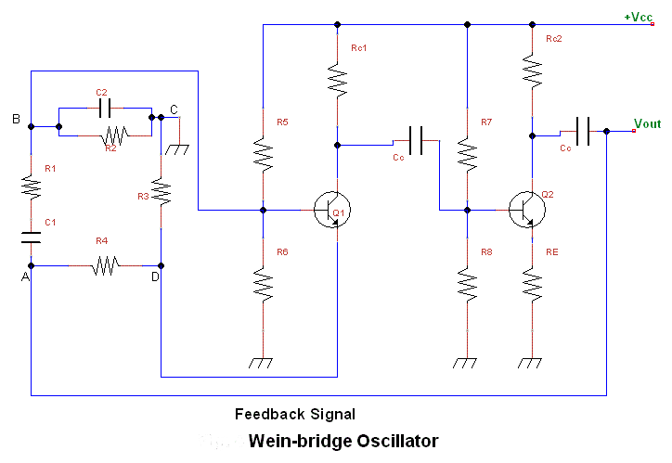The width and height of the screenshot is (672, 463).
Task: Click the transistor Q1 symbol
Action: pyautogui.click(x=332, y=210)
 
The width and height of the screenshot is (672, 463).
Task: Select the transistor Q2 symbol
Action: pyautogui.click(x=527, y=210)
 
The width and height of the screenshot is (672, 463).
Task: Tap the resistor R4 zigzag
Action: pyautogui.click(x=106, y=265)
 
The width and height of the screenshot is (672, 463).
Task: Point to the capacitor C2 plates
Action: pyautogui.click(x=105, y=108)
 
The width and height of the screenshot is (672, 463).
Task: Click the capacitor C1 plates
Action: pyautogui.click(x=31, y=238)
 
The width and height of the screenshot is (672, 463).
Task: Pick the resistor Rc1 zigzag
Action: pyautogui.click(x=337, y=81)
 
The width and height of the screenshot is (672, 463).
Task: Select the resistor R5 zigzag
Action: pyautogui.click(x=264, y=155)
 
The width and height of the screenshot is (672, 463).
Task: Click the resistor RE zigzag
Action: pyautogui.click(x=532, y=285)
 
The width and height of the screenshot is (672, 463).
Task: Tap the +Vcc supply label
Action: pyautogui.click(x=639, y=17)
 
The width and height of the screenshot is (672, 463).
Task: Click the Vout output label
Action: pyautogui.click(x=648, y=123)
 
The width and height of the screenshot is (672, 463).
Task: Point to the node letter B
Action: pyautogui.click(x=16, y=119)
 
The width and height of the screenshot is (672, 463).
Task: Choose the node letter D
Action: pyautogui.click(x=155, y=277)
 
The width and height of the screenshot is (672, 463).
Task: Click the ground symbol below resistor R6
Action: pyautogui.click(x=261, y=363)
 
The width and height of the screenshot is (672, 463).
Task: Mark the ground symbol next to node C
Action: pyautogui.click(x=177, y=149)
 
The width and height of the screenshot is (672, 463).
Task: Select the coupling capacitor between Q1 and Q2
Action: pyautogui.click(x=416, y=140)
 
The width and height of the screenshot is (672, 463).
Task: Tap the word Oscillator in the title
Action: pyautogui.click(x=397, y=441)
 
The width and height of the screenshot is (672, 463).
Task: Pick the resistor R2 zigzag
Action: pyautogui.click(x=115, y=135)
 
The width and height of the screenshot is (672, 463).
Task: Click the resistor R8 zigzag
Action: pyautogui.click(x=467, y=285)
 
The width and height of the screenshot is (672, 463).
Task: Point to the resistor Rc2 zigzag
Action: pyautogui.click(x=532, y=71)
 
